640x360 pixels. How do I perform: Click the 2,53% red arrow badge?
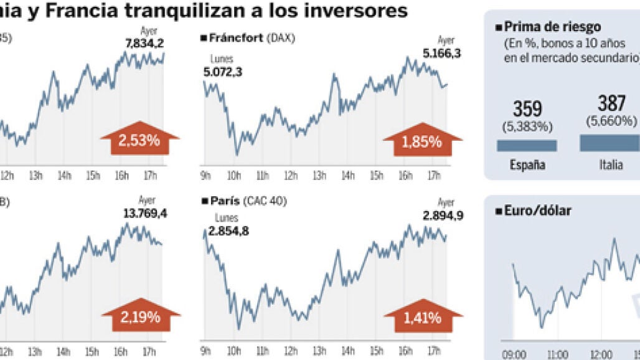pos(139,140)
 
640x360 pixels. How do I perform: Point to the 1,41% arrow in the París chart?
pos(421,318)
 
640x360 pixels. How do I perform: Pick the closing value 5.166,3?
pos(441,54)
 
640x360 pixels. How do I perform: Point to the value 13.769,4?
pos(146,214)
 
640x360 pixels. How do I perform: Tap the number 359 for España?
pos(527,110)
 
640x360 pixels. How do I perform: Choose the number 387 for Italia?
pos(611,103)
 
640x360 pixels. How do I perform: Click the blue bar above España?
pos(527,145)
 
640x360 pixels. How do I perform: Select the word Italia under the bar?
pos(611,165)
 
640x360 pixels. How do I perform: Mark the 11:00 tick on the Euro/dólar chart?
pos(557,354)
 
